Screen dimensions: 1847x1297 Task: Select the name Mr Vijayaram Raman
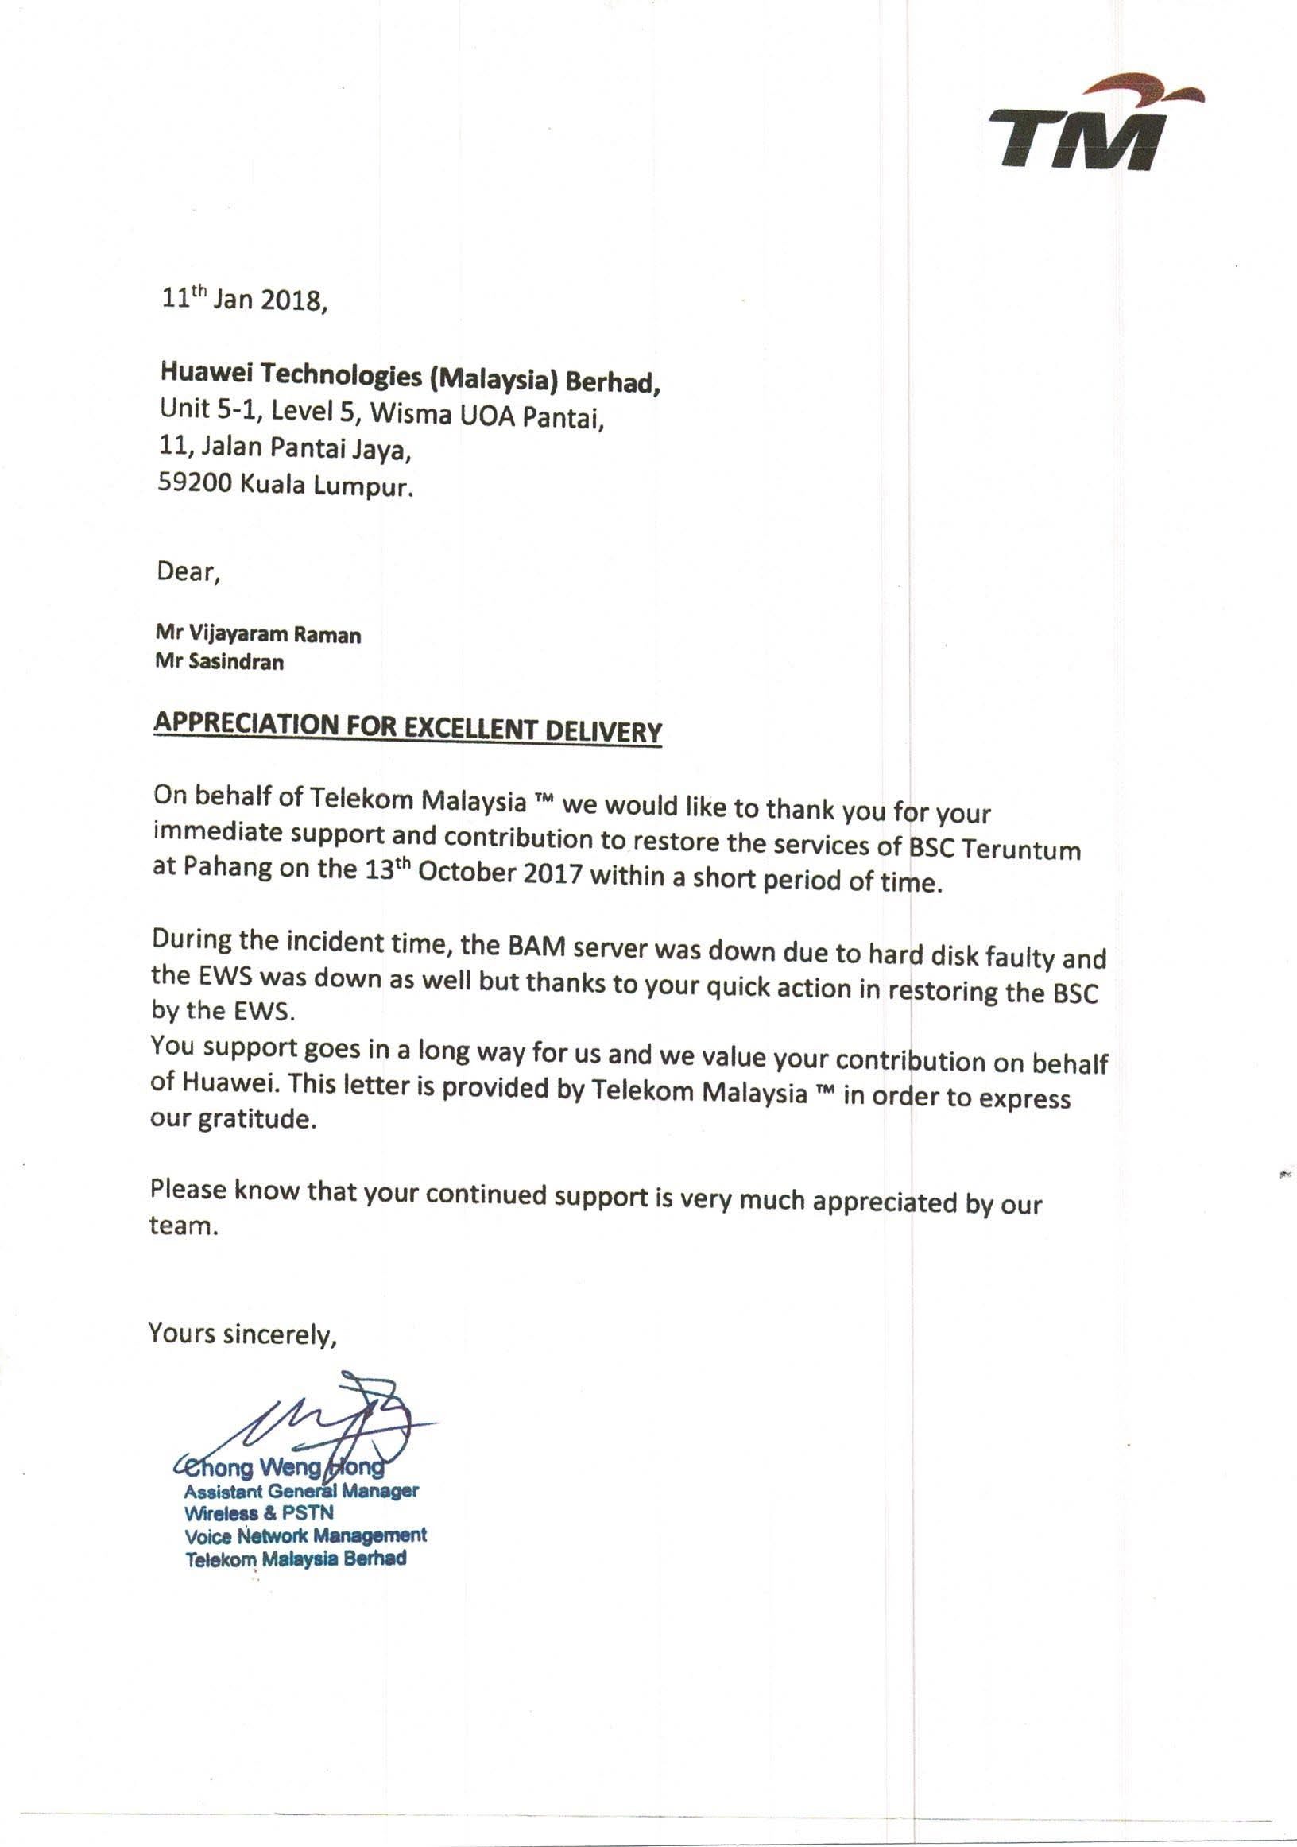tap(258, 634)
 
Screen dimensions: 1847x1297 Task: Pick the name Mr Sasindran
tap(219, 662)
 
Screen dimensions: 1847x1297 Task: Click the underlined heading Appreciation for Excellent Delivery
tap(407, 727)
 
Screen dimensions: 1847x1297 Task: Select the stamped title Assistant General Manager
tap(301, 1491)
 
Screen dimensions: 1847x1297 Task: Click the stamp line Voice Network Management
tap(306, 1535)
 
